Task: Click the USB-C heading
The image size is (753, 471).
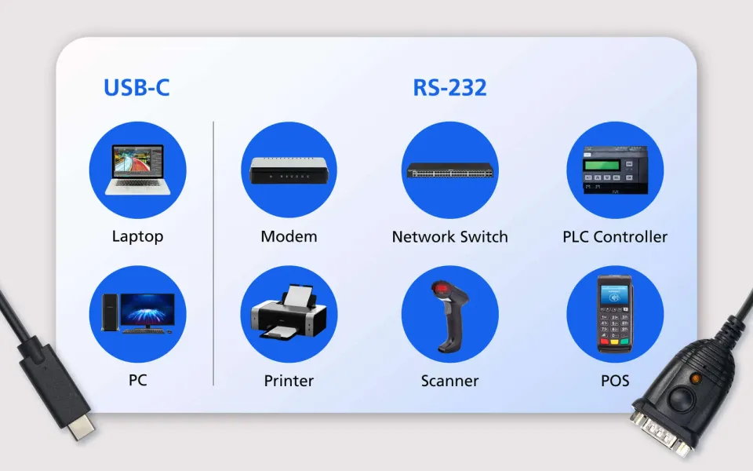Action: click(x=136, y=87)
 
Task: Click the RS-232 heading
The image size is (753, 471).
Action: click(x=449, y=87)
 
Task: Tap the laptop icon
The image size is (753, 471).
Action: click(x=138, y=170)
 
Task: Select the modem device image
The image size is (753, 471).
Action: click(x=289, y=170)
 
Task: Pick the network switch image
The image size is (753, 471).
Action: click(x=450, y=170)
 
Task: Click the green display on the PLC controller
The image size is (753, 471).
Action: click(x=602, y=166)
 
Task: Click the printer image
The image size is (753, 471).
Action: click(x=289, y=312)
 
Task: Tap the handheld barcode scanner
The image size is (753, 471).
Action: click(x=449, y=316)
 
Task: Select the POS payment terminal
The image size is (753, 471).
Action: click(x=615, y=314)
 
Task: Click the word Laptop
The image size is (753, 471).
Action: click(x=138, y=236)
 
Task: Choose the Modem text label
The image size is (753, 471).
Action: click(x=289, y=236)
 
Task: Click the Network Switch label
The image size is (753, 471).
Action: click(x=450, y=236)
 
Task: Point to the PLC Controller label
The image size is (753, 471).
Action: click(x=615, y=236)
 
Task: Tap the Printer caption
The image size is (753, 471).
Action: click(x=289, y=381)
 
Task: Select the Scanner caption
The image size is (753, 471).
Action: click(x=450, y=381)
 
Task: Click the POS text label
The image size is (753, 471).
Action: click(x=615, y=381)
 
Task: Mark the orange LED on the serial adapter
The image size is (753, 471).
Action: click(x=694, y=378)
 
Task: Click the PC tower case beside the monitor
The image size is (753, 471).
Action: click(x=110, y=312)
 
